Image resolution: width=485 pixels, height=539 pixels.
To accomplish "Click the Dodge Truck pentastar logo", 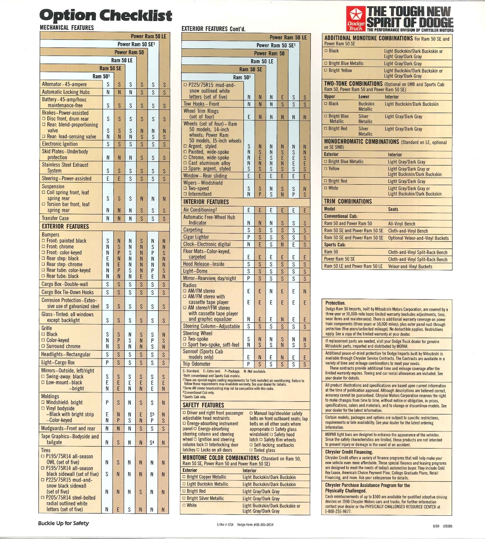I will [356, 18].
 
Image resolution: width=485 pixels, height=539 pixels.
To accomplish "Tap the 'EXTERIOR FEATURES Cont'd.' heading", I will [213, 29].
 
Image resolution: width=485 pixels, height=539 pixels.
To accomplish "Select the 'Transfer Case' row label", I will [55, 218].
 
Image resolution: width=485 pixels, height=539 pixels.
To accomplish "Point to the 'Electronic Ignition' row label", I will [60, 144].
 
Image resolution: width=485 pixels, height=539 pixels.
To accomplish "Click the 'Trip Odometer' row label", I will [197, 364].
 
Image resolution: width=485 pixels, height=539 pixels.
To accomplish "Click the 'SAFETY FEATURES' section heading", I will [203, 405].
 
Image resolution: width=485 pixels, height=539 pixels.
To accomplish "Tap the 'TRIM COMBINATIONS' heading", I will [348, 201].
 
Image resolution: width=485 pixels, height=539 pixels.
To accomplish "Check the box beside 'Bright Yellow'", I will [326, 71].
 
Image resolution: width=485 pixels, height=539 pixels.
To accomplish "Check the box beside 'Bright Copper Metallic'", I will [184, 477].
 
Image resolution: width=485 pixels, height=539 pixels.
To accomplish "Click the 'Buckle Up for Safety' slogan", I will [63, 523].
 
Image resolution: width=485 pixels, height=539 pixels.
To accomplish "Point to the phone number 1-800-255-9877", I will [338, 511].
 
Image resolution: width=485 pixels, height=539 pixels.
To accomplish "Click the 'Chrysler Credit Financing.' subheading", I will [349, 452].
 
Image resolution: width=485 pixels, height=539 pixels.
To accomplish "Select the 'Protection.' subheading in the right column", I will [335, 303].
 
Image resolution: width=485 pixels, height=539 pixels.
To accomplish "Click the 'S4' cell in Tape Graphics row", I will [152, 442].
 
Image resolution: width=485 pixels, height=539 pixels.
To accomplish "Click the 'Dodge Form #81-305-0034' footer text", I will [255, 525].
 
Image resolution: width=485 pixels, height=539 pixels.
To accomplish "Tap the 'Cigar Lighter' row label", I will [196, 237].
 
